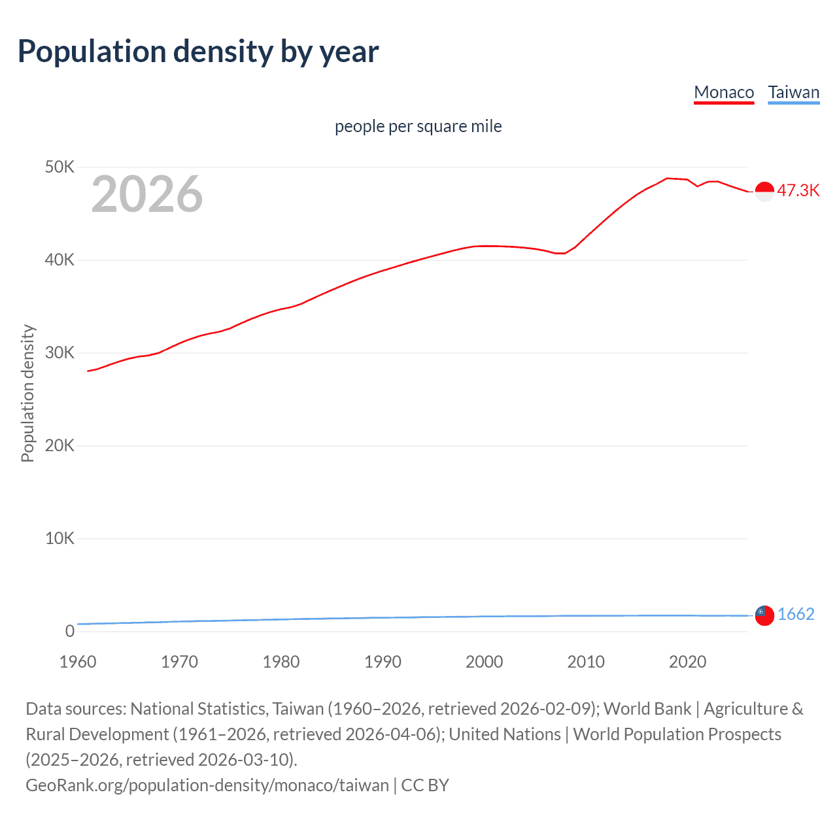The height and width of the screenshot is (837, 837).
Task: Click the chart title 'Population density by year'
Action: click(198, 52)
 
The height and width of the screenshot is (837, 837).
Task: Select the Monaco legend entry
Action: click(724, 92)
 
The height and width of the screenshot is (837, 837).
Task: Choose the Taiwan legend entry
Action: click(793, 92)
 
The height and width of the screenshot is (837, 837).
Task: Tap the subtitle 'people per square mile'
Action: click(418, 126)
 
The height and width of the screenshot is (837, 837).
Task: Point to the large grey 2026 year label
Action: click(147, 194)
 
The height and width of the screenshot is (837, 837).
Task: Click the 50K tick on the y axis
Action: click(60, 167)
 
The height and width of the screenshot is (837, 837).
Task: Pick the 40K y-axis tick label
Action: click(60, 260)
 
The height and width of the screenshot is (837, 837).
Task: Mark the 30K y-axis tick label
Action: click(60, 353)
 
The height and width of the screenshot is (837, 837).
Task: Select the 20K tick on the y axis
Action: click(60, 446)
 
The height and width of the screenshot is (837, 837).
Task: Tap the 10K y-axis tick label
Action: click(60, 539)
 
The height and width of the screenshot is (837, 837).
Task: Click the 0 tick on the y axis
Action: click(69, 632)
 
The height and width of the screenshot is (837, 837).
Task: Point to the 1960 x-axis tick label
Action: click(78, 662)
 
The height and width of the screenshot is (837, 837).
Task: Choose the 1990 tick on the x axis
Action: click(383, 662)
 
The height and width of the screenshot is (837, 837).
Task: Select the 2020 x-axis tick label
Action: click(687, 662)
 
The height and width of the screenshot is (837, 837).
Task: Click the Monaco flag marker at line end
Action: click(764, 191)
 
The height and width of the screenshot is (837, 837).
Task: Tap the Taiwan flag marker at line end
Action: click(764, 615)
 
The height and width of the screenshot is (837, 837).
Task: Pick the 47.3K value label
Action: click(798, 190)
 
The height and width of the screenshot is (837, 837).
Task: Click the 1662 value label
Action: click(796, 614)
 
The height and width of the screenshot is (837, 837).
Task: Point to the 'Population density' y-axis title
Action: click(27, 394)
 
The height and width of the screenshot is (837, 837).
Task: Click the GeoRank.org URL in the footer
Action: click(207, 785)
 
